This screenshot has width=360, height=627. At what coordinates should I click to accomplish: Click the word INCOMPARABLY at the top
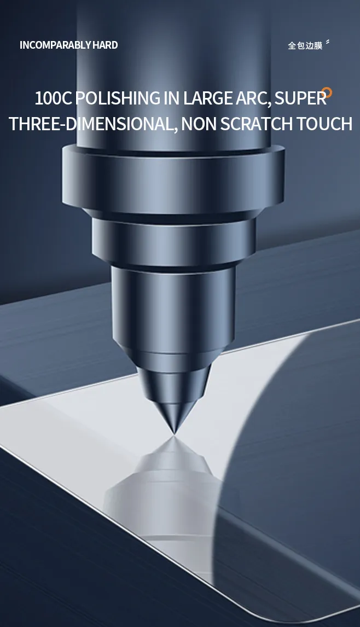click(x=56, y=45)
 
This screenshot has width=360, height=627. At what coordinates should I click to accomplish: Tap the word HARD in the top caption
click(x=105, y=45)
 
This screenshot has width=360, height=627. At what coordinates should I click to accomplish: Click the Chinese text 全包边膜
click(x=305, y=45)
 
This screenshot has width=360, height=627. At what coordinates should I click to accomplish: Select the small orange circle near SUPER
click(x=327, y=92)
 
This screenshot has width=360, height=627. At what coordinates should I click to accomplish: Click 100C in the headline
click(x=53, y=98)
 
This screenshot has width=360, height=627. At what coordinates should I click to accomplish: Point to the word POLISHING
click(x=118, y=98)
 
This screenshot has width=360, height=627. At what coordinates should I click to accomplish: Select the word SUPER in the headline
click(x=300, y=98)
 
